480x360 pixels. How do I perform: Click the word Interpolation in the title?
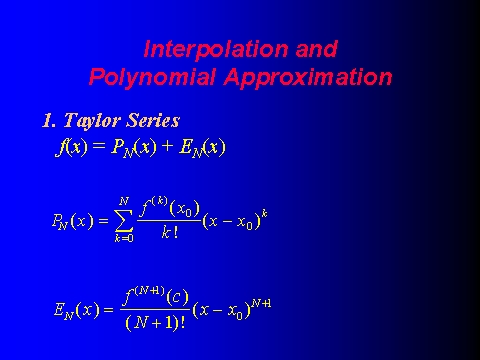(216, 50)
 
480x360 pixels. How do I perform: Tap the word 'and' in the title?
(316, 49)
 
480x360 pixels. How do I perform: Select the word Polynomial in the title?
(152, 77)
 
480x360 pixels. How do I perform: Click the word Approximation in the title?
(308, 77)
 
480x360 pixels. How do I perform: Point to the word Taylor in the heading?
(92, 121)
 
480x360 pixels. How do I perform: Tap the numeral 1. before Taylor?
(49, 120)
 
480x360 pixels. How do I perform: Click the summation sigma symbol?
(124, 220)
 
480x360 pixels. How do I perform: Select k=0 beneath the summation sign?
(124, 238)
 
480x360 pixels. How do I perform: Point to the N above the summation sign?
(124, 201)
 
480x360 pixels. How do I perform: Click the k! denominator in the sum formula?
(170, 233)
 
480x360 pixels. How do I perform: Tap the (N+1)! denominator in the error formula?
(155, 323)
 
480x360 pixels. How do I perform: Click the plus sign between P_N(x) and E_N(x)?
(168, 146)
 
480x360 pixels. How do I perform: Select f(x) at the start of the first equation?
(71, 147)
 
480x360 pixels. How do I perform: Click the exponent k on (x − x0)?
(264, 213)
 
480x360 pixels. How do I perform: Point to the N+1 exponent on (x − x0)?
(261, 303)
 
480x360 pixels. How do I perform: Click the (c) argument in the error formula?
(177, 297)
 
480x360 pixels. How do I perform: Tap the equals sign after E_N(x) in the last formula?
(109, 310)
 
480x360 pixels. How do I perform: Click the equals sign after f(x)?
(99, 146)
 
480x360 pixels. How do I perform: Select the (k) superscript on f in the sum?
(159, 201)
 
